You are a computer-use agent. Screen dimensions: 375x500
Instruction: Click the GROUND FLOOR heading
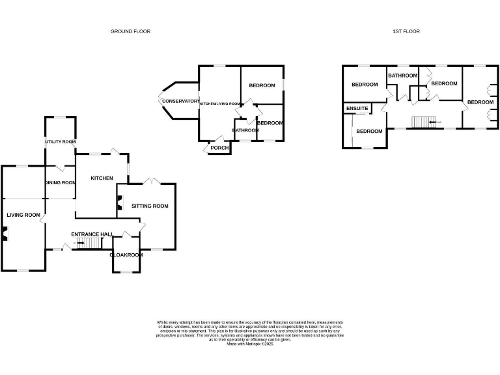(x=130, y=31)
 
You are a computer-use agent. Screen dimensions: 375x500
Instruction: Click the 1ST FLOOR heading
(x=406, y=31)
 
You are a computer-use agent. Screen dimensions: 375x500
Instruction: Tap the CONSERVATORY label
(x=181, y=102)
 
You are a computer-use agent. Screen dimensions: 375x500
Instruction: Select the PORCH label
(x=217, y=148)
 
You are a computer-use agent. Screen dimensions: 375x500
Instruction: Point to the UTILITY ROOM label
(x=61, y=142)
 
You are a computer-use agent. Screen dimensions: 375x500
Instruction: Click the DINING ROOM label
(x=61, y=183)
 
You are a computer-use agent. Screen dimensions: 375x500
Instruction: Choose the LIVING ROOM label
(x=23, y=215)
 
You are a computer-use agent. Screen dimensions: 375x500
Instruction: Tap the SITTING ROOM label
(x=150, y=206)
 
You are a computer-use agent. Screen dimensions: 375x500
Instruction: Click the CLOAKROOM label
(x=127, y=255)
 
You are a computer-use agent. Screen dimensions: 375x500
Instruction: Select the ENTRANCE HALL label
(x=92, y=234)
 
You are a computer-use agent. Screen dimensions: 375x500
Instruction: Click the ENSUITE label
(x=357, y=108)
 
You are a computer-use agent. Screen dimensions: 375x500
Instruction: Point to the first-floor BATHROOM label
(x=402, y=76)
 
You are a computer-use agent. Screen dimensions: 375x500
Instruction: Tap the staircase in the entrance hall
(x=90, y=243)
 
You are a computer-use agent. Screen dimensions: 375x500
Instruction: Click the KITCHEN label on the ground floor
(x=102, y=178)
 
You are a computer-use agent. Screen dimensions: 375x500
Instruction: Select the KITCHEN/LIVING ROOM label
(x=220, y=104)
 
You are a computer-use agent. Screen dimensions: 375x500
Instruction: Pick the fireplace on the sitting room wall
(x=119, y=203)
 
